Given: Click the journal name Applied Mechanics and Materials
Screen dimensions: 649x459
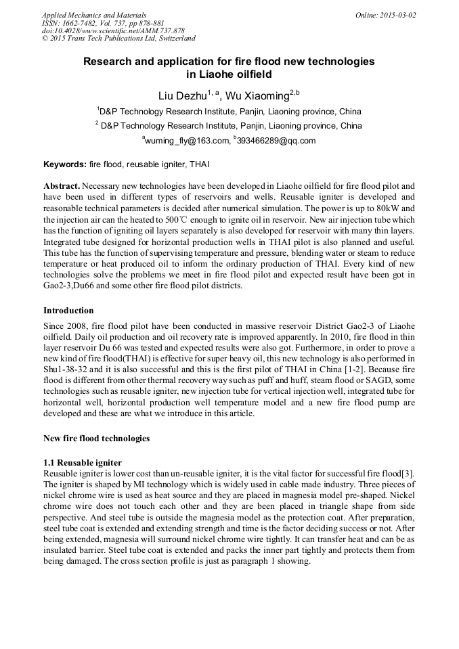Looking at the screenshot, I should pos(94,15).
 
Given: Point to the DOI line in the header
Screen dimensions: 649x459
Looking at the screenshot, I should pos(113,31).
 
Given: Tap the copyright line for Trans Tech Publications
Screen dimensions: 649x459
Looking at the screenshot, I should pos(119,39).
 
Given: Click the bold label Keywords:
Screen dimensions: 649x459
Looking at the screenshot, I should pos(65,164).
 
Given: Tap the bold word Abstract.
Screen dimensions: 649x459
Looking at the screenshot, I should pos(62,185).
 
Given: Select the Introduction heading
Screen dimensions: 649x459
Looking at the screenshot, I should pos(68,311).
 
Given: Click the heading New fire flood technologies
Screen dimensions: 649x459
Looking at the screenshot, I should pos(96,439).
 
